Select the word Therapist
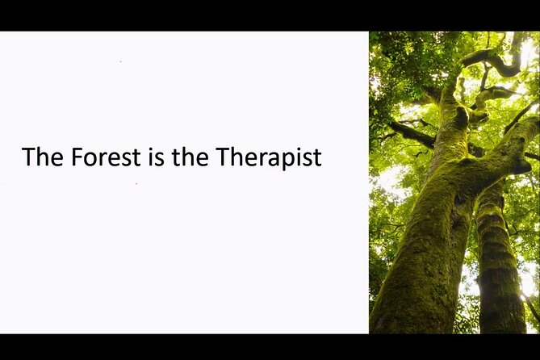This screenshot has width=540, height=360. pos(268,157)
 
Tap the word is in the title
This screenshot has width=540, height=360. pos(156,157)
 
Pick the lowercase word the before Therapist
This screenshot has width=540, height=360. pos(190,157)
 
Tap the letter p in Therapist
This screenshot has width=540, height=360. pos(287,159)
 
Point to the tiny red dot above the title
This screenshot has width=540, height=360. pos(120,61)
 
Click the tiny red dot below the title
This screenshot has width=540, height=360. pos(136,184)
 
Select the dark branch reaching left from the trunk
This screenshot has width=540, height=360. pos(412,132)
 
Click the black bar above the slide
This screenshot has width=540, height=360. pos(270,15)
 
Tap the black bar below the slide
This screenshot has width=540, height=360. pos(270,347)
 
